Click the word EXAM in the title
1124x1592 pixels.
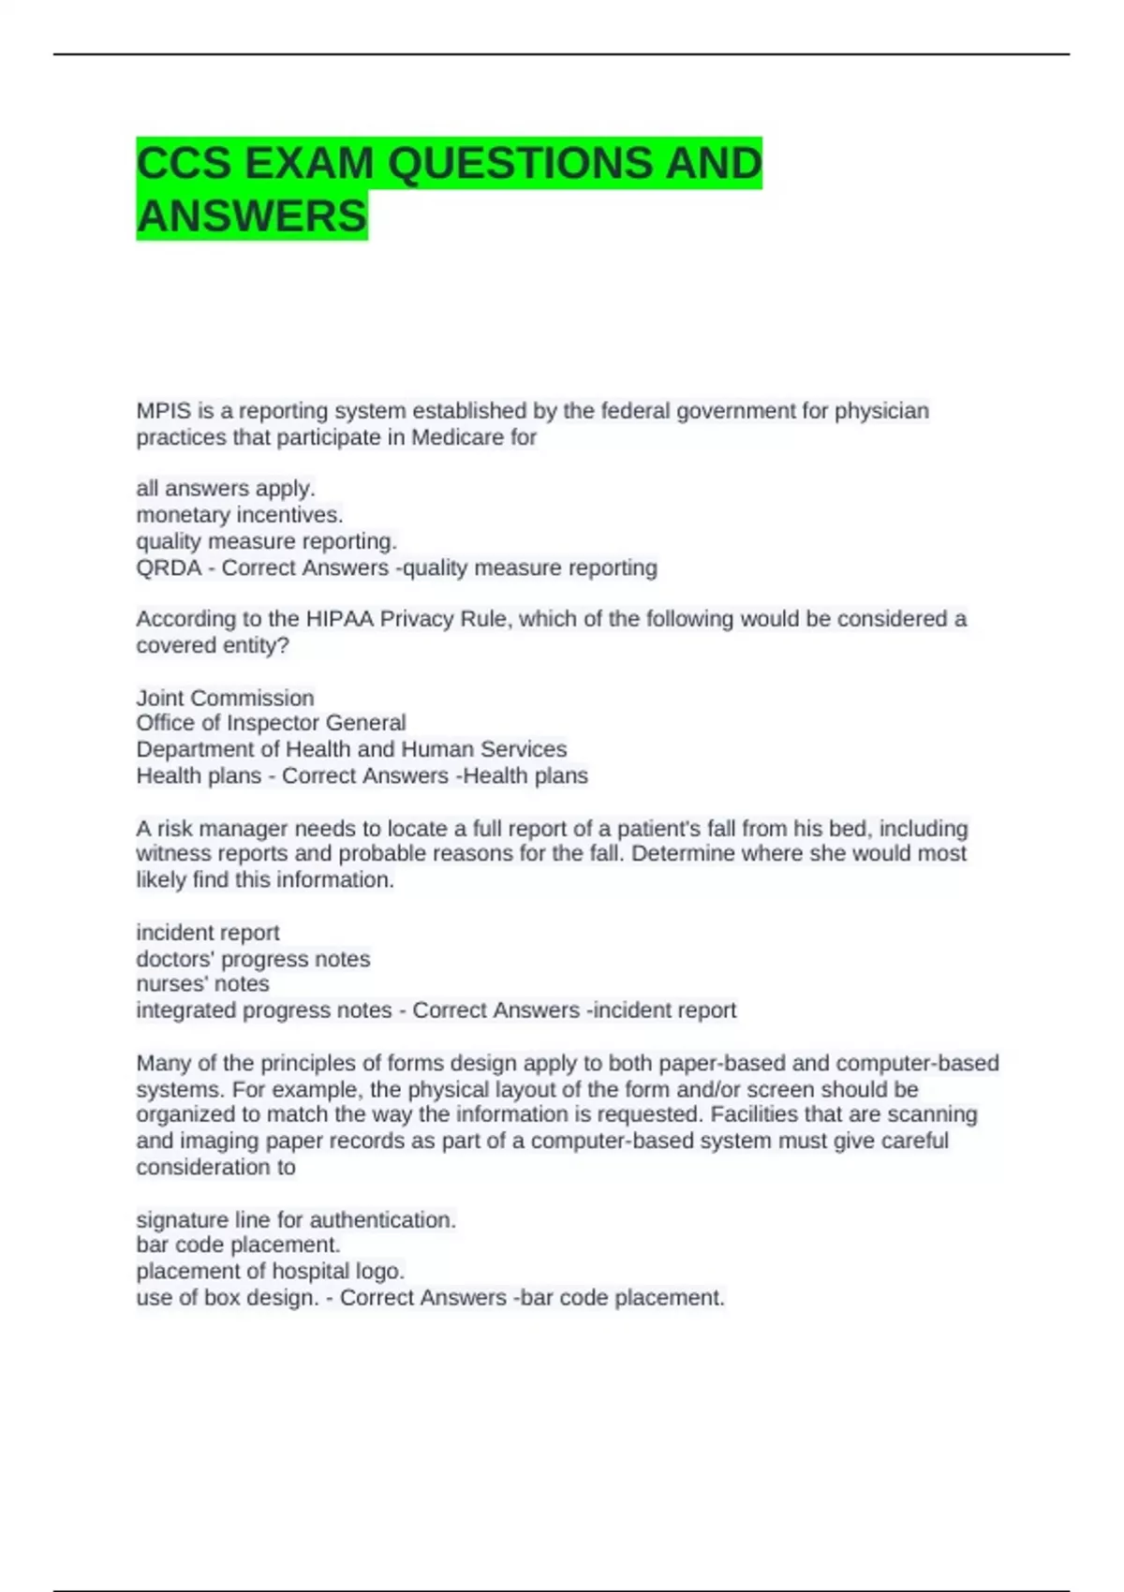(x=308, y=164)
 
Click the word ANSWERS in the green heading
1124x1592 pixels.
(x=252, y=216)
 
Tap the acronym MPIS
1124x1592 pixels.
(x=163, y=411)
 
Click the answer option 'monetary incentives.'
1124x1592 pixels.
(x=240, y=515)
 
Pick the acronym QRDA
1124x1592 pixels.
(x=169, y=568)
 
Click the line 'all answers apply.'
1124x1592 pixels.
(x=226, y=489)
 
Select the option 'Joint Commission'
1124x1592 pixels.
(x=225, y=698)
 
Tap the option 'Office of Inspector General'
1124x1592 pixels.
(x=271, y=723)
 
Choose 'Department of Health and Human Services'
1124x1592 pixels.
(x=351, y=749)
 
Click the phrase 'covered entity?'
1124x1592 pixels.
(x=213, y=645)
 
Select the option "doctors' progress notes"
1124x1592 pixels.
(x=253, y=959)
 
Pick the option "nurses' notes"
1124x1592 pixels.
(x=202, y=984)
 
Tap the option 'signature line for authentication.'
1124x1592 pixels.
(x=296, y=1220)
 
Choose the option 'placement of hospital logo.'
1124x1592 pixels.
(x=270, y=1272)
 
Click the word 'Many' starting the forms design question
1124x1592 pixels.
(x=163, y=1064)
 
